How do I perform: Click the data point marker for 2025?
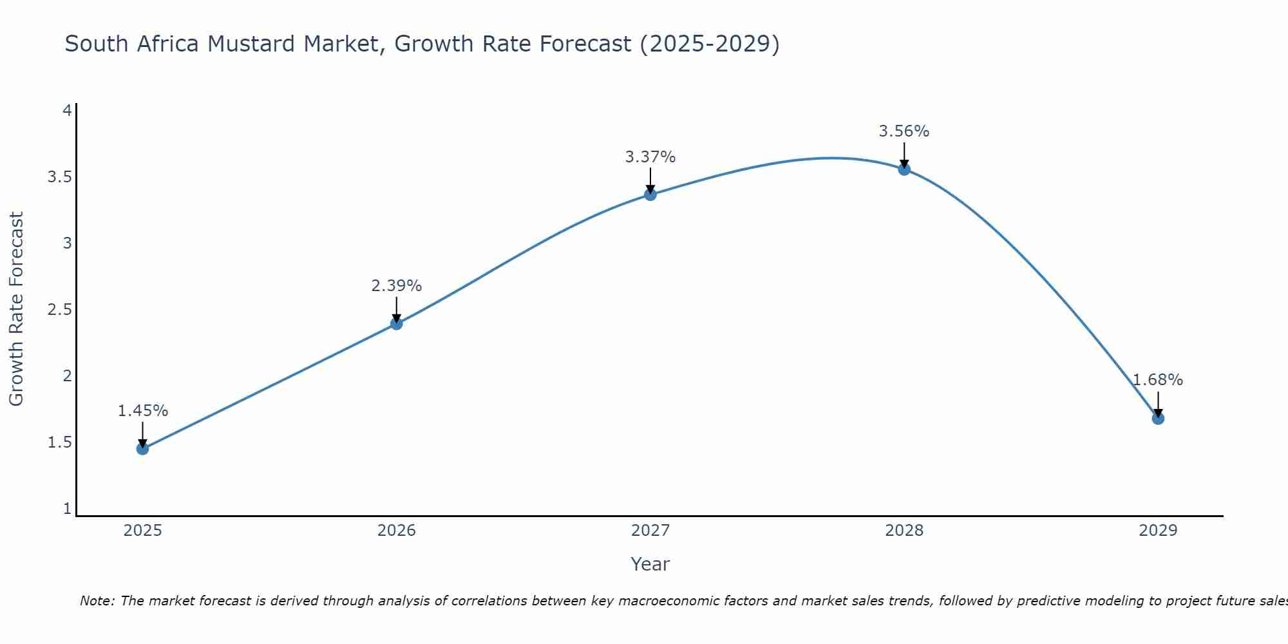142,449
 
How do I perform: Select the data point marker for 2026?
397,324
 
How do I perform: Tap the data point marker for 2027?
650,194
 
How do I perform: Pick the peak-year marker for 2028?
904,169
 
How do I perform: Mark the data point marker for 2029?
1158,419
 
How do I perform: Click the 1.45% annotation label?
142,411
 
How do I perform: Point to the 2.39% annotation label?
397,286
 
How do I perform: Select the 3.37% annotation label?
650,157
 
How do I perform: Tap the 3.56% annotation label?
904,131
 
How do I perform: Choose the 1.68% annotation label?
1158,380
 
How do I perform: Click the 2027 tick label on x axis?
650,531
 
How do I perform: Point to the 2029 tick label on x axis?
1158,531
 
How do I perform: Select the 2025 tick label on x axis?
142,531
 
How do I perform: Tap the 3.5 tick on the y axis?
59,177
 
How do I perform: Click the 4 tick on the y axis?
67,111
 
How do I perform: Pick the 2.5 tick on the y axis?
59,310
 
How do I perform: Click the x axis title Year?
650,564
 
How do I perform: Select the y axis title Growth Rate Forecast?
17,309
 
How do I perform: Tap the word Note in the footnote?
96,601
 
